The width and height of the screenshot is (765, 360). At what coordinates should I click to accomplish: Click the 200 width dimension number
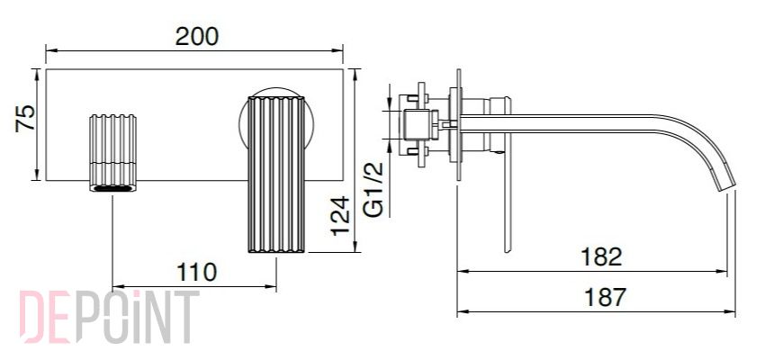[x=197, y=37]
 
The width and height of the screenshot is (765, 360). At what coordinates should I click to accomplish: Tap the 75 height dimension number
[x=25, y=118]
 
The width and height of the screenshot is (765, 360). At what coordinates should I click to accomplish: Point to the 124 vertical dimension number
[x=340, y=215]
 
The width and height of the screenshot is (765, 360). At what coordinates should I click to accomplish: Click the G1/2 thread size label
[x=374, y=190]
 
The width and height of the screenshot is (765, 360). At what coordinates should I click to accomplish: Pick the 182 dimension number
[x=601, y=257]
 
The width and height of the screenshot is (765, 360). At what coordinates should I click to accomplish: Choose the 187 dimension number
[x=605, y=297]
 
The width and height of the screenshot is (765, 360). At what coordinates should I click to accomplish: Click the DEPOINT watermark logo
[x=109, y=317]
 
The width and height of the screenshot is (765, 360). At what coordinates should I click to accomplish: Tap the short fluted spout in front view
[x=112, y=153]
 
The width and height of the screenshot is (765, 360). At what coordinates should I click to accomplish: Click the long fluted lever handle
[x=276, y=174]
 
